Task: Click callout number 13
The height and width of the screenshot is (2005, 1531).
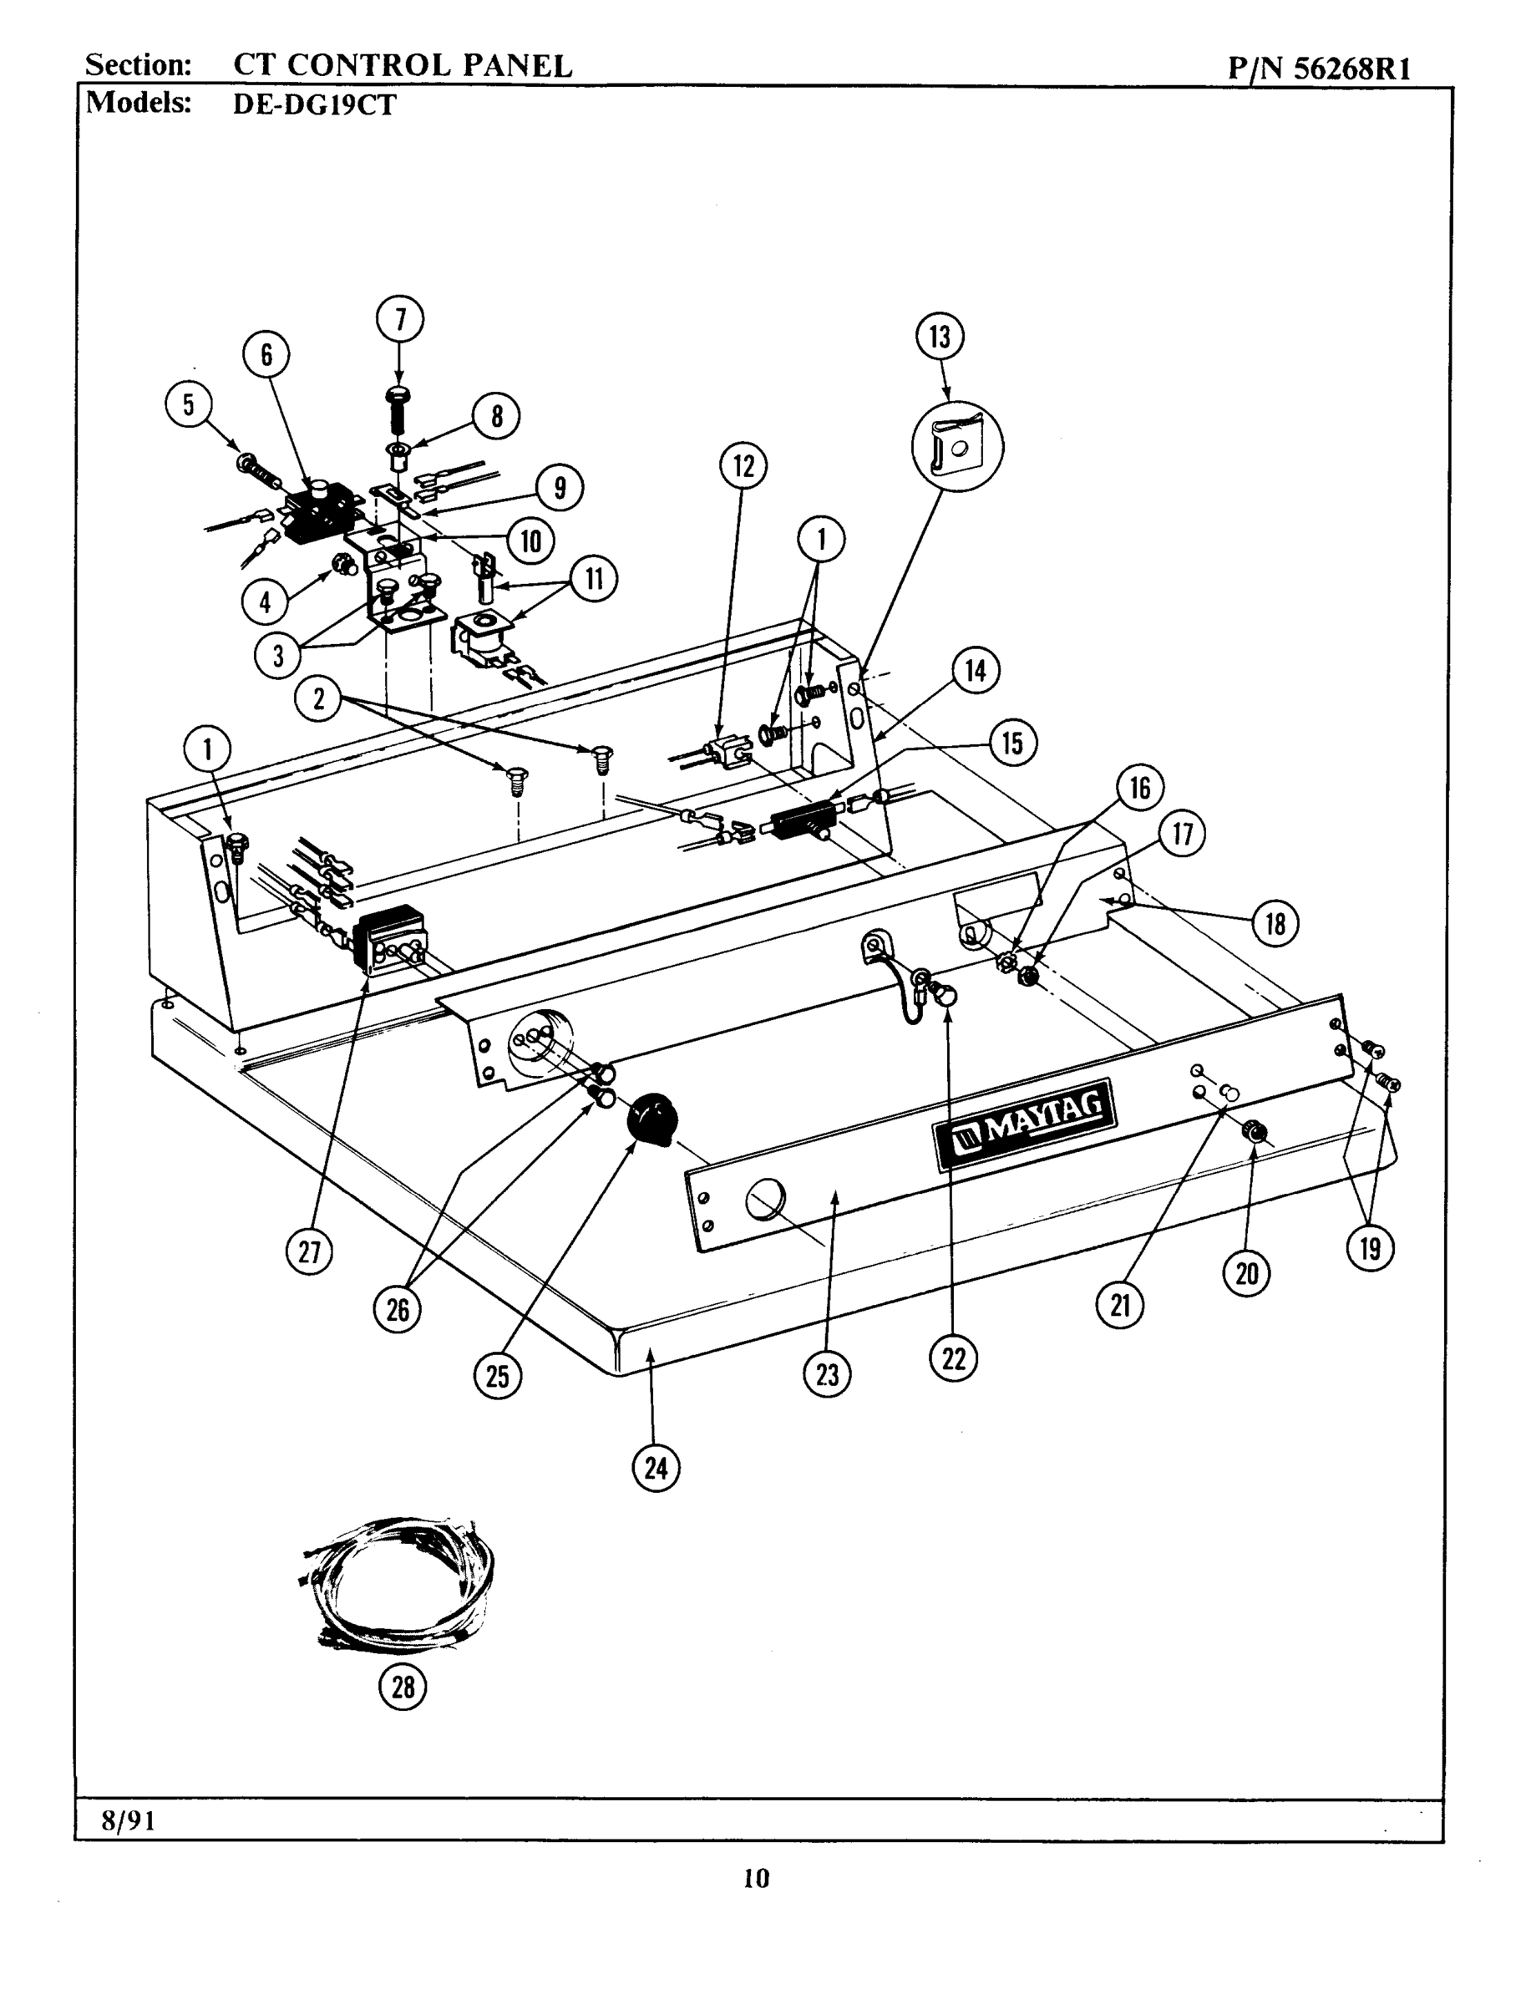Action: (x=940, y=338)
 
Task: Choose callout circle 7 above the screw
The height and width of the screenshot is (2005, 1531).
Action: (x=399, y=319)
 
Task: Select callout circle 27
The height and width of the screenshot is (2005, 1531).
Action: (x=309, y=1251)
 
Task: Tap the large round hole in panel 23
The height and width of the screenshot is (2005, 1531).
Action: (x=763, y=1199)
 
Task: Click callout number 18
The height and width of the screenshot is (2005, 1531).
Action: (x=1275, y=924)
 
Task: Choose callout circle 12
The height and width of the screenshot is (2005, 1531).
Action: (x=743, y=465)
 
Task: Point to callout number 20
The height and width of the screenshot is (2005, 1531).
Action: (x=1247, y=1273)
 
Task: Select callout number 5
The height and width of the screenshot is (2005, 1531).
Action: (x=189, y=404)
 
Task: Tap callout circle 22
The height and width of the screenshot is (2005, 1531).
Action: (x=953, y=1359)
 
